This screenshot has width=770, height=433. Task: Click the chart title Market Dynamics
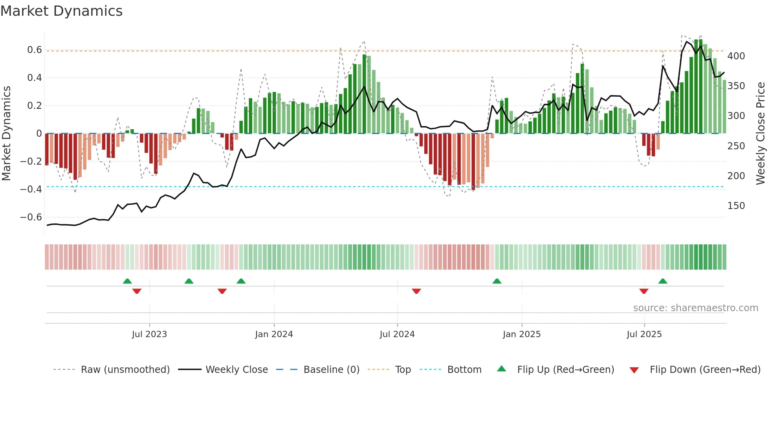click(x=62, y=11)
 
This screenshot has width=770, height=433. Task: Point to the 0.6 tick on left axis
click(x=34, y=50)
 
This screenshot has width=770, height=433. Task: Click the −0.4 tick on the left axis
click(x=31, y=189)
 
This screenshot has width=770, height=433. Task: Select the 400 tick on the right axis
click(x=736, y=56)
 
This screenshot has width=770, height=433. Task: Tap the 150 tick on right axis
click(x=736, y=206)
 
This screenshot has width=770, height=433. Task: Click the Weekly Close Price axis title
click(x=761, y=134)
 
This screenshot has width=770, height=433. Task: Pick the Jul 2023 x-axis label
click(x=149, y=334)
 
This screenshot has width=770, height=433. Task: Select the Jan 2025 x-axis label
click(x=522, y=334)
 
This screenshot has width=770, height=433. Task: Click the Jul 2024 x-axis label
click(x=397, y=334)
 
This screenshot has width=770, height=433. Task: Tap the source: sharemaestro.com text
click(x=695, y=308)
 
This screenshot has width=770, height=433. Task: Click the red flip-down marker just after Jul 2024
click(x=416, y=291)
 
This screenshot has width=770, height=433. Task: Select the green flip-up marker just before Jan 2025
click(x=497, y=281)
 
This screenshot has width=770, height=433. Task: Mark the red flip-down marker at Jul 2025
click(x=643, y=291)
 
